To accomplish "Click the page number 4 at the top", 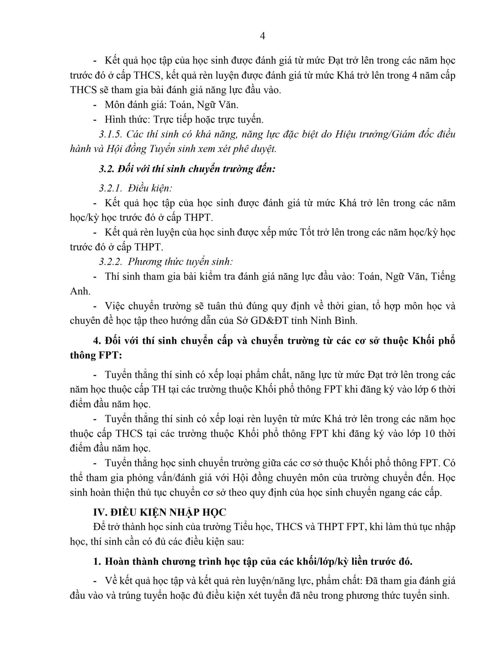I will point(262,36).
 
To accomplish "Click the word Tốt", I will point(308,232).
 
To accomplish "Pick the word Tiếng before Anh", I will point(443,277).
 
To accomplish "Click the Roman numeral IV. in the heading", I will point(100,512).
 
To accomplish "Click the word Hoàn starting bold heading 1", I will point(117,561).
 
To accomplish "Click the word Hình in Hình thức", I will point(115,119).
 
